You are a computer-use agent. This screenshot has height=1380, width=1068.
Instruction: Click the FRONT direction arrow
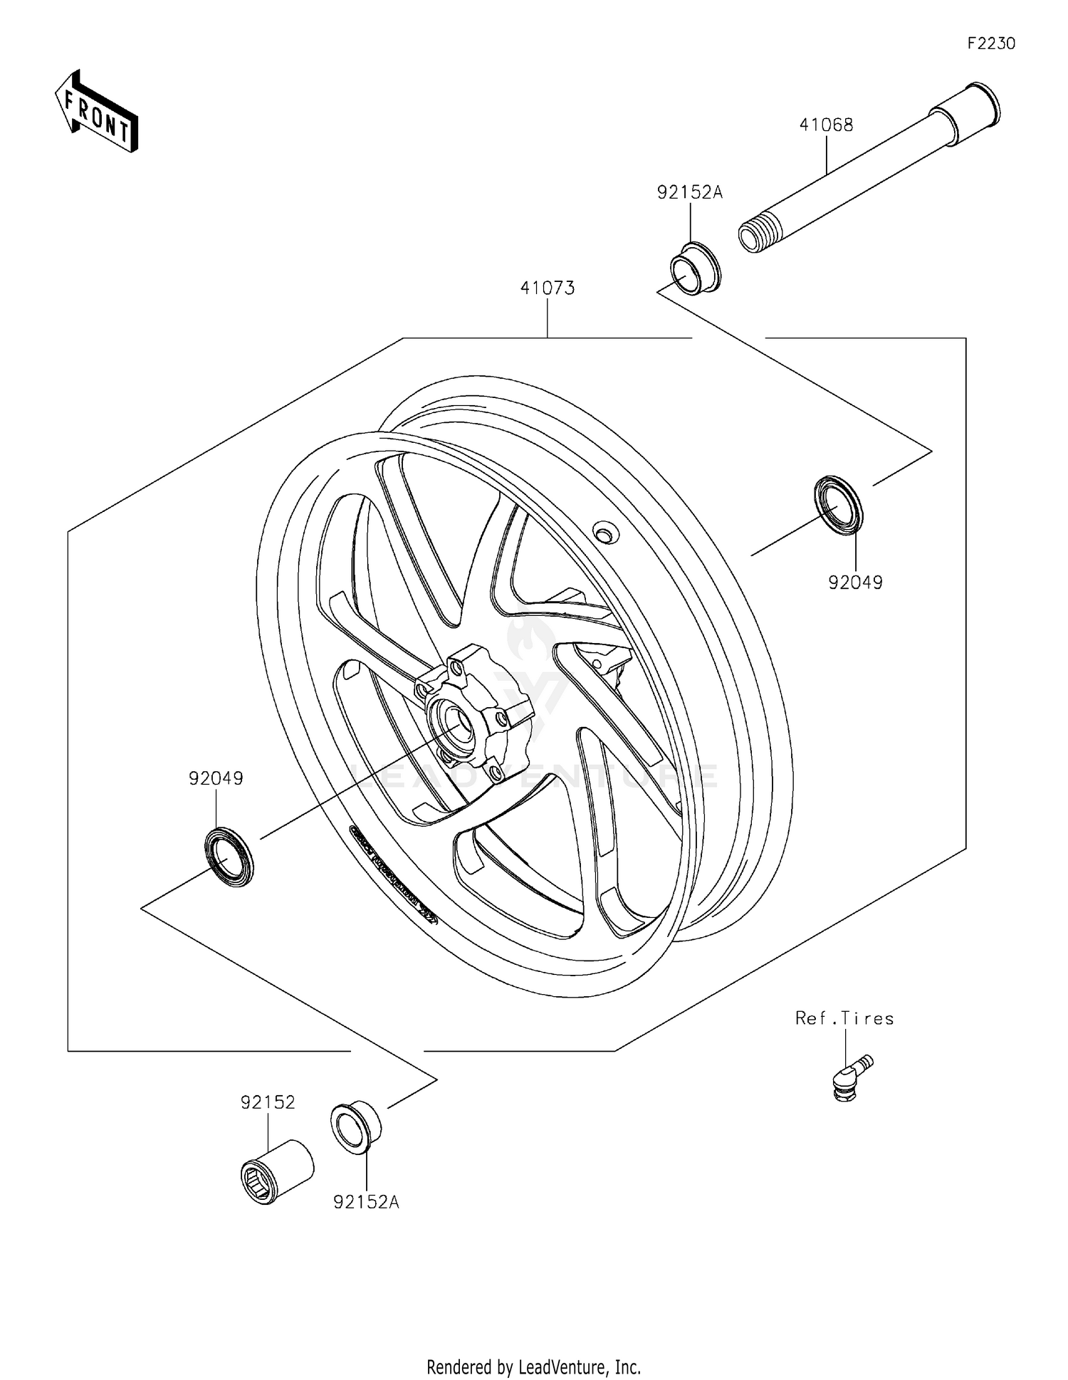pyautogui.click(x=96, y=111)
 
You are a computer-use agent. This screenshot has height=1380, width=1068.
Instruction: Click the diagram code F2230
pyautogui.click(x=990, y=43)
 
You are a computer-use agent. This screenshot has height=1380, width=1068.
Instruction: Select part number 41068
pyautogui.click(x=826, y=125)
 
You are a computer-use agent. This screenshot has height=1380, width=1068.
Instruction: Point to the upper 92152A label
pyautogui.click(x=689, y=192)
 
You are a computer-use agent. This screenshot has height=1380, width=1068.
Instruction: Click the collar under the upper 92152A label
pyautogui.click(x=695, y=269)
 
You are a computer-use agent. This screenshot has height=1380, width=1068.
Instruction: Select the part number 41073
pyautogui.click(x=547, y=288)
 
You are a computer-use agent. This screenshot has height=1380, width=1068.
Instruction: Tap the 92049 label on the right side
pyautogui.click(x=855, y=582)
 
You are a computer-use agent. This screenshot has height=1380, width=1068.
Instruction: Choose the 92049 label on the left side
pyautogui.click(x=216, y=778)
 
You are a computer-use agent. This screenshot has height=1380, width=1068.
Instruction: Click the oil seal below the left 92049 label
pyautogui.click(x=229, y=856)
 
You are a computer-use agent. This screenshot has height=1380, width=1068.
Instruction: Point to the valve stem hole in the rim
pyautogui.click(x=604, y=532)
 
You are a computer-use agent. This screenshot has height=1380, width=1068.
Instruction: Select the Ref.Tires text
pyautogui.click(x=844, y=1018)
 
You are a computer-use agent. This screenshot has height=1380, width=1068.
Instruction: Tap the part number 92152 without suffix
pyautogui.click(x=267, y=1102)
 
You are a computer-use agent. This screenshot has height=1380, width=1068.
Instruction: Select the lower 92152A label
pyautogui.click(x=366, y=1202)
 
